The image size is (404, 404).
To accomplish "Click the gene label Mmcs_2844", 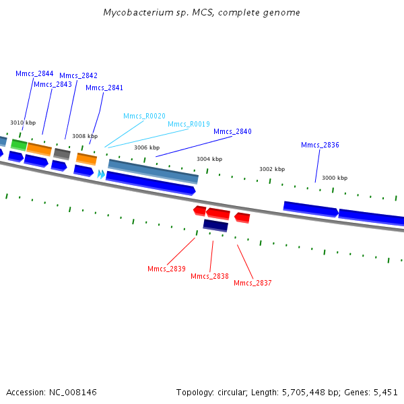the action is click(x=34, y=73).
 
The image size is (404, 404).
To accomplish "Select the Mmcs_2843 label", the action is click(x=53, y=85).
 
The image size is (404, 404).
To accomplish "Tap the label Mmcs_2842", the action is click(x=78, y=75).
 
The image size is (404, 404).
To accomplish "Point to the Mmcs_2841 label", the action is click(x=104, y=88).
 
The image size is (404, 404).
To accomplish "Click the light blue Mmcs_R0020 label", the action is click(x=144, y=116).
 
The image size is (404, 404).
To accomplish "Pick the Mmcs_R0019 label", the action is click(x=189, y=124).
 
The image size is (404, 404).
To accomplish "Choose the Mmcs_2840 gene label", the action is click(x=232, y=132).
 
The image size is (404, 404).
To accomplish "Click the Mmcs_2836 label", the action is click(x=320, y=145).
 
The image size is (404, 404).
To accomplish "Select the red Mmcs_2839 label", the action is click(x=166, y=269).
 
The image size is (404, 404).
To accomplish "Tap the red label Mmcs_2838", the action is click(x=209, y=277).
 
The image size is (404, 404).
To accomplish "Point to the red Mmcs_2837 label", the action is click(x=252, y=283).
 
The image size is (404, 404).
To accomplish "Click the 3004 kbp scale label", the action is click(x=209, y=159).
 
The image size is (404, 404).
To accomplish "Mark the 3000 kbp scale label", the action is click(x=335, y=178).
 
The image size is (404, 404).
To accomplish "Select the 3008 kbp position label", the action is click(x=85, y=136).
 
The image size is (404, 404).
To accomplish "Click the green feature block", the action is click(x=19, y=145).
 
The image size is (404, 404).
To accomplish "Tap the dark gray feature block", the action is click(x=62, y=154).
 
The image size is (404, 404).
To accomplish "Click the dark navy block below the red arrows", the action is click(x=215, y=226).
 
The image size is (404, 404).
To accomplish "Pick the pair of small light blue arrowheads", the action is click(x=101, y=174).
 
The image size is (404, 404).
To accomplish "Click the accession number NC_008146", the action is click(x=73, y=393).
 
